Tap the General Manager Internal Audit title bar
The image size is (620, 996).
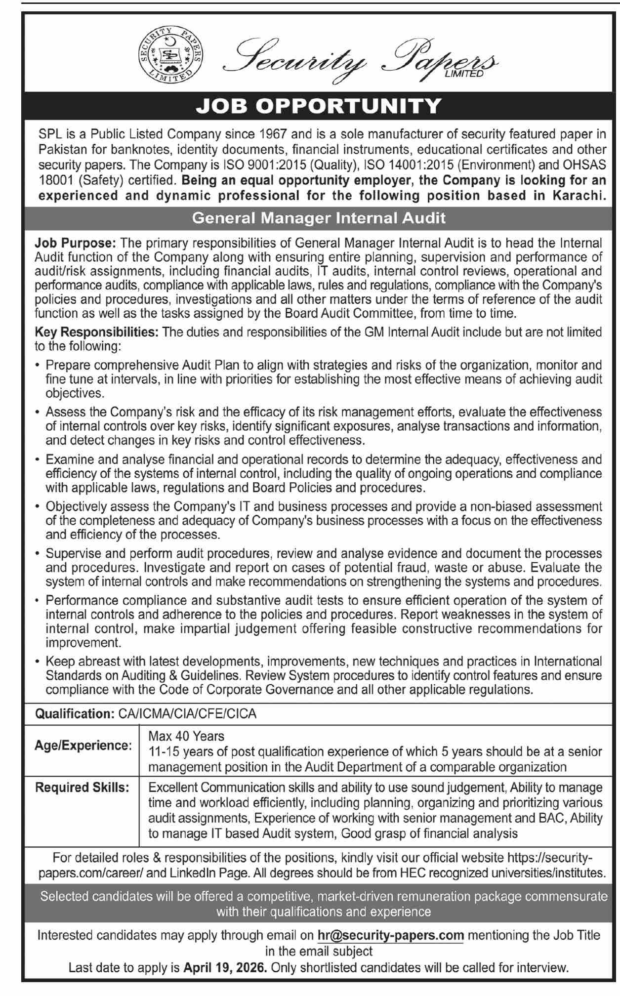(319, 218)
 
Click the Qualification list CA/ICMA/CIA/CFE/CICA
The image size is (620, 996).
(187, 714)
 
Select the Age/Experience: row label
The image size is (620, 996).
(83, 746)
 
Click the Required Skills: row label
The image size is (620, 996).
(82, 788)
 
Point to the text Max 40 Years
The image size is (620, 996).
(186, 737)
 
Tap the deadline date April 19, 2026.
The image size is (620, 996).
(225, 968)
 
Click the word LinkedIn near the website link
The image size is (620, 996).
(194, 873)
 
